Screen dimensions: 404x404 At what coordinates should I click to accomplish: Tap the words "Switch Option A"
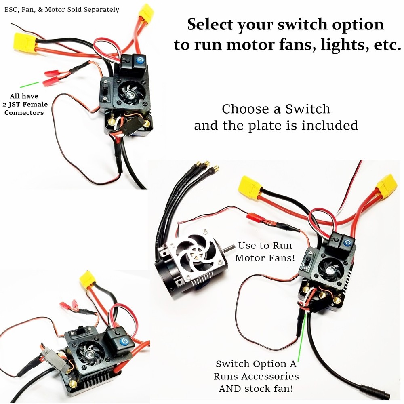[256, 364]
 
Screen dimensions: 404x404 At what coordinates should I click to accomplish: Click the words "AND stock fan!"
[256, 389]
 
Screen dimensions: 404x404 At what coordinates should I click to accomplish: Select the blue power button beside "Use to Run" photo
[346, 242]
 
